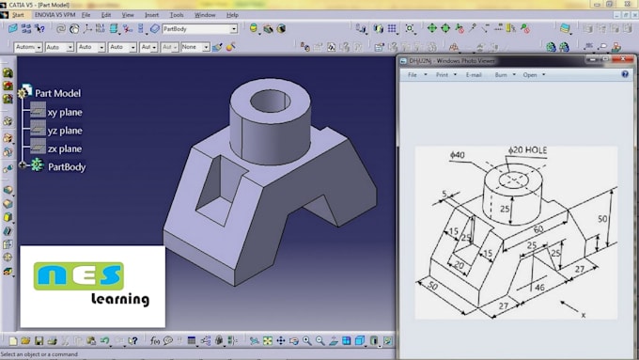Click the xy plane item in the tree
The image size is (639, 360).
point(64,112)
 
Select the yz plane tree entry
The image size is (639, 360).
point(64,131)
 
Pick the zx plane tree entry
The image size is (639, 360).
point(64,149)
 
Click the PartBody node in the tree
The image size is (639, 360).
point(67,166)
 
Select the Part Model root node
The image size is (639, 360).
point(57,93)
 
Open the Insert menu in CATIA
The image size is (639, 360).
point(152,15)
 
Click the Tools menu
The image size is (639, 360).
point(177,15)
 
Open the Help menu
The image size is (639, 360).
point(231,15)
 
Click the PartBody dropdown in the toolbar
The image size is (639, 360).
point(199,29)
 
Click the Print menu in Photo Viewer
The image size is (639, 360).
point(441,74)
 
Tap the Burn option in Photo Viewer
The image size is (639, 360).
point(503,74)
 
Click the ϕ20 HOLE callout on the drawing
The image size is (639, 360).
point(529,149)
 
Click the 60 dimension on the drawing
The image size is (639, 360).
point(538,228)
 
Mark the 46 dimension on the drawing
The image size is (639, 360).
point(538,286)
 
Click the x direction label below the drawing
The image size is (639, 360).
point(584,314)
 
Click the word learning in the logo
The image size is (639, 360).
point(120,300)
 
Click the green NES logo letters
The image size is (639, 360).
point(79,275)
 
